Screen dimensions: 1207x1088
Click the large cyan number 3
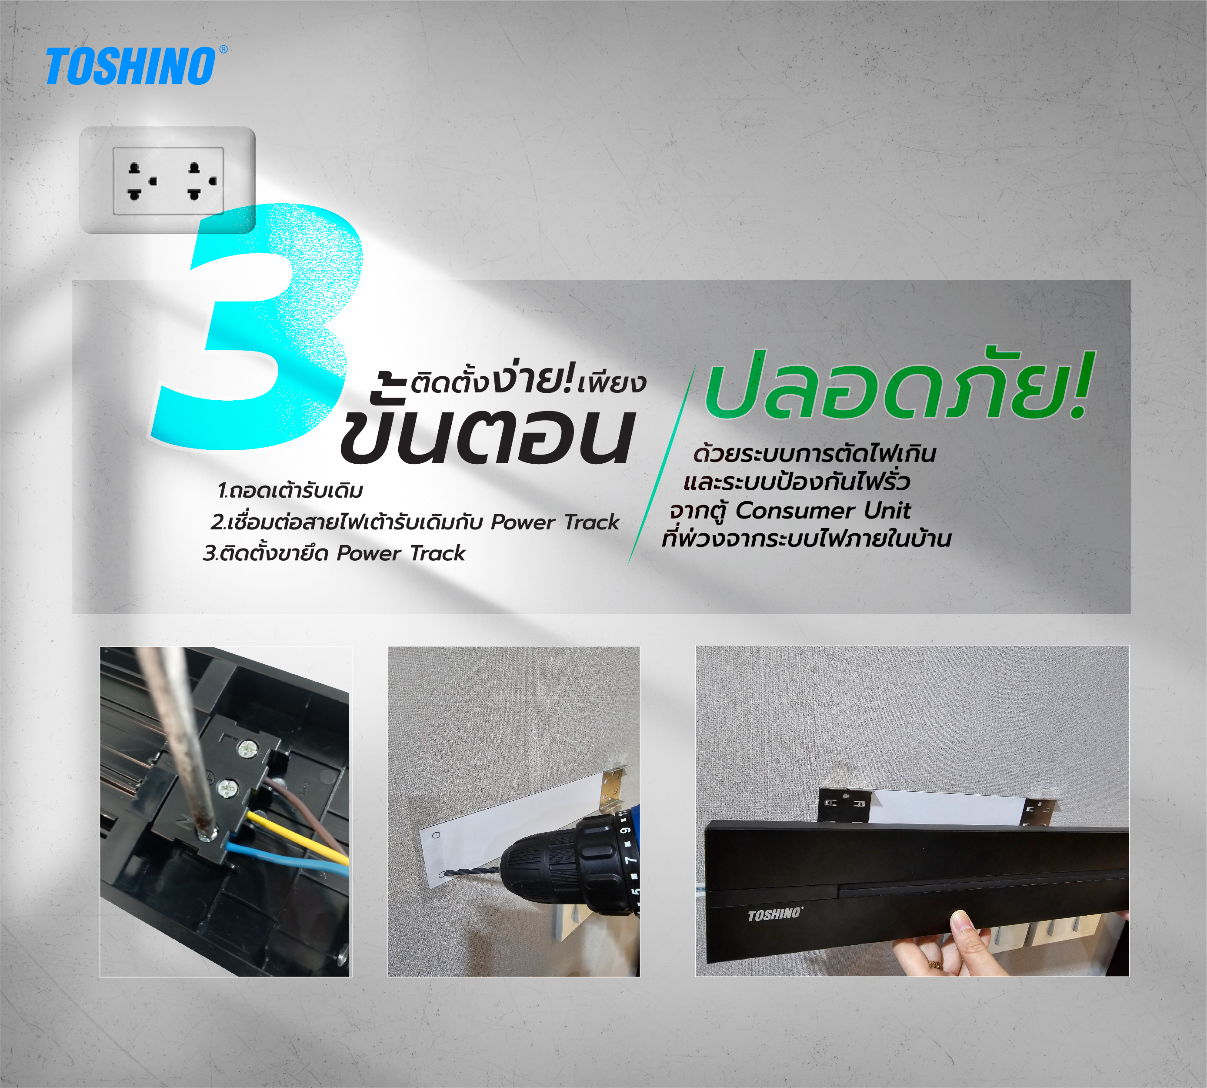[x=257, y=326]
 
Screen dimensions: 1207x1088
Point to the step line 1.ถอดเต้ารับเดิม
[x=290, y=491]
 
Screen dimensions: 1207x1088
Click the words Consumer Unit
[x=823, y=511]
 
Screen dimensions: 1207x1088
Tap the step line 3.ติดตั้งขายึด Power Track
[x=334, y=553]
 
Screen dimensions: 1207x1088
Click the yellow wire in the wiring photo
[x=299, y=836]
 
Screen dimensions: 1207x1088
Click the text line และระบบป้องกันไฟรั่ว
[x=797, y=482]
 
